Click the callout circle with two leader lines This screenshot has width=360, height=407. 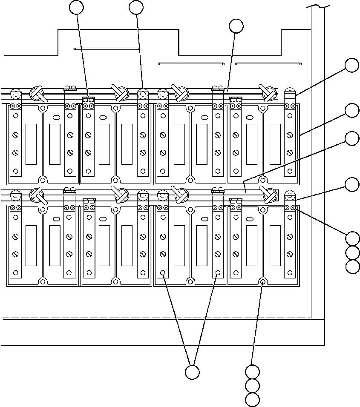click(x=192, y=372)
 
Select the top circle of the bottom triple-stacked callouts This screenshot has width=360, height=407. click(x=253, y=372)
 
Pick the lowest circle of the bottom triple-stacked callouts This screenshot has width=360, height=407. click(x=253, y=400)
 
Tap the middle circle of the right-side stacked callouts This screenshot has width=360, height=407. click(x=352, y=252)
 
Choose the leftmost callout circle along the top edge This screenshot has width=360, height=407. click(x=77, y=7)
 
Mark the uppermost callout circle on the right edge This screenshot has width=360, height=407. click(x=352, y=66)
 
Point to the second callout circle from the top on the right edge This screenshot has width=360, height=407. click(x=352, y=110)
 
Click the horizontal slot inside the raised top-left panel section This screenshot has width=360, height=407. click(x=107, y=49)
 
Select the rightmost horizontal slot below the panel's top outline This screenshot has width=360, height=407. click(x=268, y=64)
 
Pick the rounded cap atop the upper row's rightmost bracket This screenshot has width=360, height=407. click(x=290, y=91)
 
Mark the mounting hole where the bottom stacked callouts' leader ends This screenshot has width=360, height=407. click(x=263, y=281)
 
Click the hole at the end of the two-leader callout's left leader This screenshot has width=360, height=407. click(x=163, y=272)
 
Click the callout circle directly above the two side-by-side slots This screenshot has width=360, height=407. click(x=236, y=26)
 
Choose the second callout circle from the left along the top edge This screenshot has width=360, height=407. click(x=136, y=7)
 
